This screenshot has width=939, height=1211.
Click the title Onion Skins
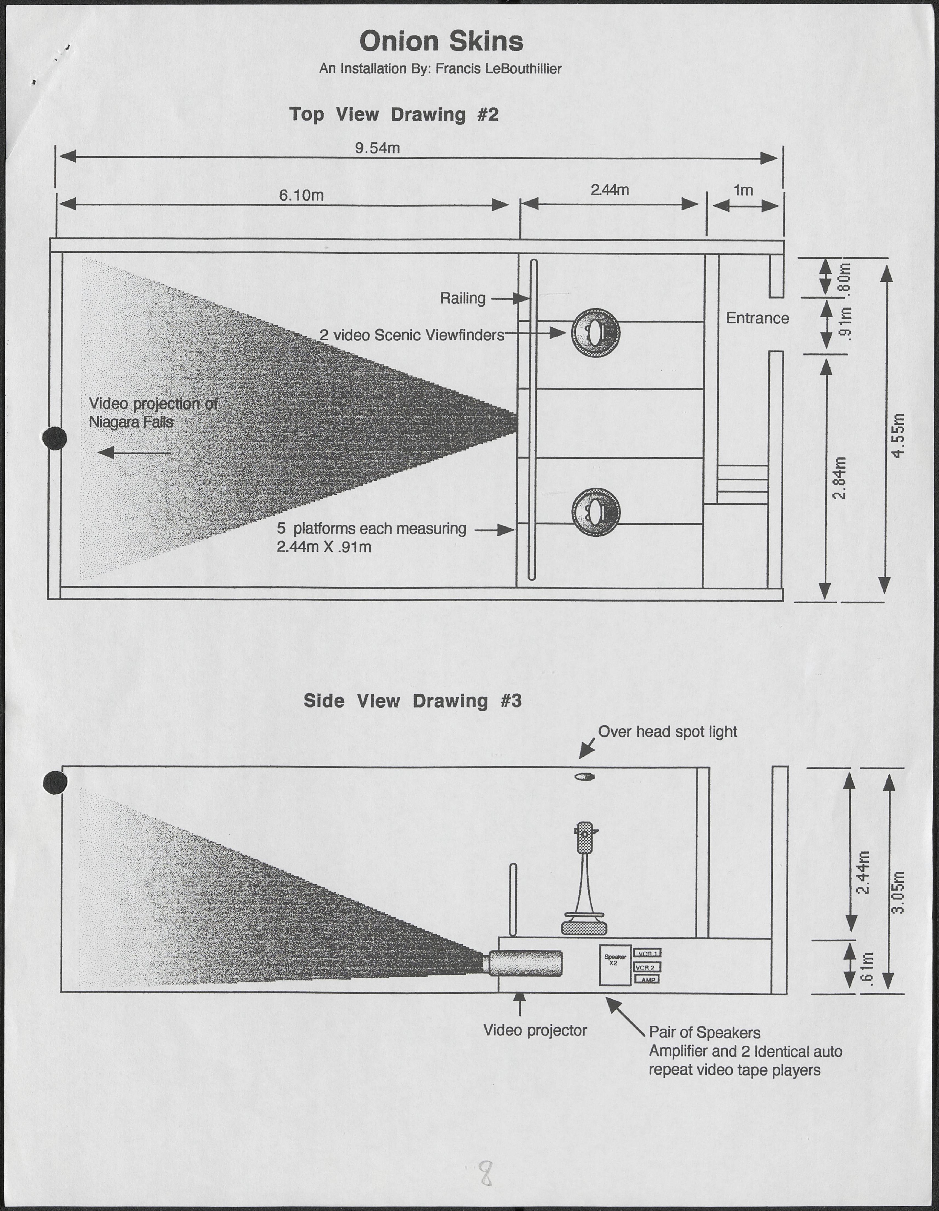[441, 42]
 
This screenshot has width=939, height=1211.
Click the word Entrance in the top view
[757, 318]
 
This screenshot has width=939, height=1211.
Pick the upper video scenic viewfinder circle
[595, 333]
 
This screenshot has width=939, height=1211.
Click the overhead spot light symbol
[584, 776]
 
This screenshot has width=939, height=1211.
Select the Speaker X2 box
[615, 965]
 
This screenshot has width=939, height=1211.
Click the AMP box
[647, 980]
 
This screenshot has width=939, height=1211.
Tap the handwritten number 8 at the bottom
[486, 1174]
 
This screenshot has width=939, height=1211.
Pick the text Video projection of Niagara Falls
[153, 413]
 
